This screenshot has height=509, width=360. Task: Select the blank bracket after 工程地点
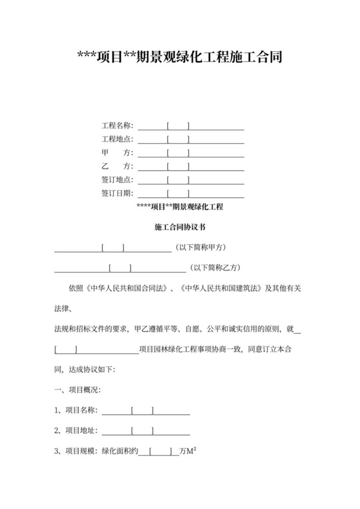click(178, 139)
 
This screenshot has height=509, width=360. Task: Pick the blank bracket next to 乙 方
click(178, 166)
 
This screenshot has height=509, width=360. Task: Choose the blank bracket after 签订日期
click(178, 193)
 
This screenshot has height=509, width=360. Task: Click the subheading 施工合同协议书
click(179, 227)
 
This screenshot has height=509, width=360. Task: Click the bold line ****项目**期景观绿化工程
click(179, 207)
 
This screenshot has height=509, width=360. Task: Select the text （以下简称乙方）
click(215, 268)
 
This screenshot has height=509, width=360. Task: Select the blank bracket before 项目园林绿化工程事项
click(67, 350)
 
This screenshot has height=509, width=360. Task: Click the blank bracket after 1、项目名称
click(142, 411)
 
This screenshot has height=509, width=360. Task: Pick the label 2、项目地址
click(75, 431)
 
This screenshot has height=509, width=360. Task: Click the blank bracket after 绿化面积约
click(160, 451)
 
